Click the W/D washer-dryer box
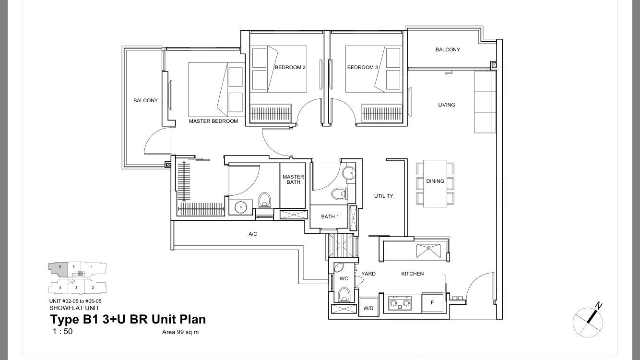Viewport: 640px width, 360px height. (368, 307)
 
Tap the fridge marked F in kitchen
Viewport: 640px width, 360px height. (432, 302)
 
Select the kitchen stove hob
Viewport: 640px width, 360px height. (400, 303)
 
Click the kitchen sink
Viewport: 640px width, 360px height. (428, 251)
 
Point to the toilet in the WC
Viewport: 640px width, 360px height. (344, 294)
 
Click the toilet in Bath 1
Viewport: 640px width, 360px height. (340, 194)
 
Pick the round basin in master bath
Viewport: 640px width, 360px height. (241, 207)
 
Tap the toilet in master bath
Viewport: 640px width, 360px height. (264, 200)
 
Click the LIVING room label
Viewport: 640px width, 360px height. (447, 105)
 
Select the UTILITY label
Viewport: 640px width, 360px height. (384, 196)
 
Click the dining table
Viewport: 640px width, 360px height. (435, 183)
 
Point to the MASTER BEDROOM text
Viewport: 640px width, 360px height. (213, 121)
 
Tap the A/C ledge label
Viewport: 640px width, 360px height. (253, 234)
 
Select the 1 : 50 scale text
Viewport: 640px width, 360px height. (62, 331)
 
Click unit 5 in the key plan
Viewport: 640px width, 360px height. (59, 268)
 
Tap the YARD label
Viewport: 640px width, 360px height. (368, 274)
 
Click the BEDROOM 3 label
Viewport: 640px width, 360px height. (363, 68)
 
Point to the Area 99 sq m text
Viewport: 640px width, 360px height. (180, 332)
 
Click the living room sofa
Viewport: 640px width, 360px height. (485, 102)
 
